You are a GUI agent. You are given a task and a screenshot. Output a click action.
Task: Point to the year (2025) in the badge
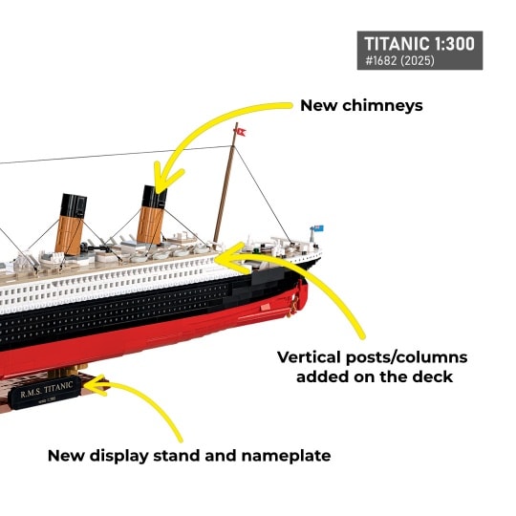pyautogui.click(x=417, y=60)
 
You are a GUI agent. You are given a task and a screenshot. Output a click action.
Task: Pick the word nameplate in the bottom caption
pyautogui.click(x=286, y=457)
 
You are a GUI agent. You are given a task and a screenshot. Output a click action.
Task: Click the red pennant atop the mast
pyautogui.click(x=241, y=131)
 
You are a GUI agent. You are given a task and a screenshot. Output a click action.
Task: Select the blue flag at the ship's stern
pyautogui.click(x=318, y=228)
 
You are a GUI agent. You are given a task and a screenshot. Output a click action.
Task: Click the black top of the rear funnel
pyautogui.click(x=155, y=197)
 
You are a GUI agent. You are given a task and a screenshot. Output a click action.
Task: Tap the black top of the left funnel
pyautogui.click(x=74, y=205)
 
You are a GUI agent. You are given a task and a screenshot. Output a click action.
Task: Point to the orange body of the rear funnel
pyautogui.click(x=150, y=226)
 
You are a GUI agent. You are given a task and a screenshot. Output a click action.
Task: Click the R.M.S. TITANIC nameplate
pyautogui.click(x=46, y=392)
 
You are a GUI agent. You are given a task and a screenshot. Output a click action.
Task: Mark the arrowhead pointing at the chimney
pyautogui.click(x=164, y=180)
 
